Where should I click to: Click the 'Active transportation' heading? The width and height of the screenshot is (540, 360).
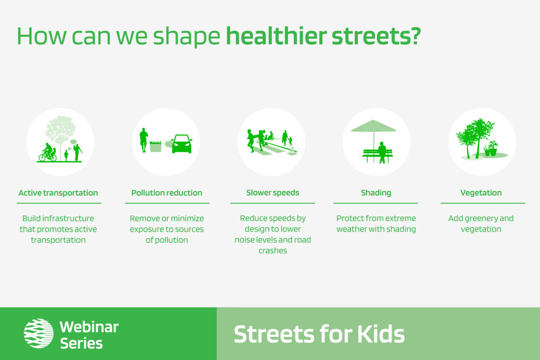tap(58, 193)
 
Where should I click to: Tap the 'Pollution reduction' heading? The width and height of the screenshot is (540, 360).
tap(167, 193)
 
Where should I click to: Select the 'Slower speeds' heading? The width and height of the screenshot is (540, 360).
tap(273, 193)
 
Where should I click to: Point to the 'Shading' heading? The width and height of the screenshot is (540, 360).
tap(376, 193)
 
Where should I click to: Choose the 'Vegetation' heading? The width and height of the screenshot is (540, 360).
tap(481, 193)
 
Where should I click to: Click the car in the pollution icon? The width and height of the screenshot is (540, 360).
tap(182, 144)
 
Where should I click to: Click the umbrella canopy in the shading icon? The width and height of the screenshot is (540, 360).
tap(374, 126)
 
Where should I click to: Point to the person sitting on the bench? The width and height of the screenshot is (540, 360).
tap(382, 152)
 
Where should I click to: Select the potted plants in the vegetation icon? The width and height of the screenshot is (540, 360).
tap(491, 148)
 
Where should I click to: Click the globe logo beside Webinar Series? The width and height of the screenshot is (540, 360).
tap(38, 333)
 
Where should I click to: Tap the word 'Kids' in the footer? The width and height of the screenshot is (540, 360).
tap(381, 334)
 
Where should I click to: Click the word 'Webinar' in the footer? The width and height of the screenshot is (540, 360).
tap(89, 327)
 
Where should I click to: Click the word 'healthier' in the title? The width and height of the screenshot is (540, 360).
tap(276, 36)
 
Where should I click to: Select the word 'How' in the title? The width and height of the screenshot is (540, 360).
tap(42, 36)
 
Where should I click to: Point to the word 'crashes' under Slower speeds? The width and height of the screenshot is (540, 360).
tap(273, 250)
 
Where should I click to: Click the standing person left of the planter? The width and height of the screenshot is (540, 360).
tap(144, 140)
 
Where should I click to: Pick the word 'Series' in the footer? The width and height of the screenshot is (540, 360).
tap(82, 343)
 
